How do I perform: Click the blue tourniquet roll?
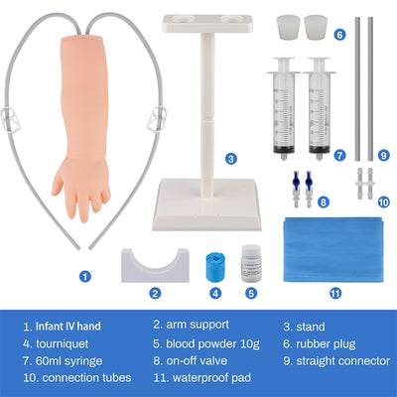215,267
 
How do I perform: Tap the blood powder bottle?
251,263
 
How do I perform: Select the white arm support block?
155,267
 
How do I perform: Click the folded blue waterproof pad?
333,250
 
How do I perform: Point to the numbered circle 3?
231,159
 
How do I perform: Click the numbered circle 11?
335,293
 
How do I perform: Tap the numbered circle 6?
339,35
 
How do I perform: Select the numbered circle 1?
85,276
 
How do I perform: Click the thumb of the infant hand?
58,185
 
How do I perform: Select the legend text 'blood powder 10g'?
212,344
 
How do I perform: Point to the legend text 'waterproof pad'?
211,378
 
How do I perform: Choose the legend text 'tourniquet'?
63,344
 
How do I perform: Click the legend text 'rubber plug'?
326,344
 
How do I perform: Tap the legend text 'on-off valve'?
197,360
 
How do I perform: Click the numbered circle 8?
324,202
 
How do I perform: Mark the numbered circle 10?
384,202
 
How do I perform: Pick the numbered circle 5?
251,293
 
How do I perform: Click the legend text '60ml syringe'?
68,361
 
